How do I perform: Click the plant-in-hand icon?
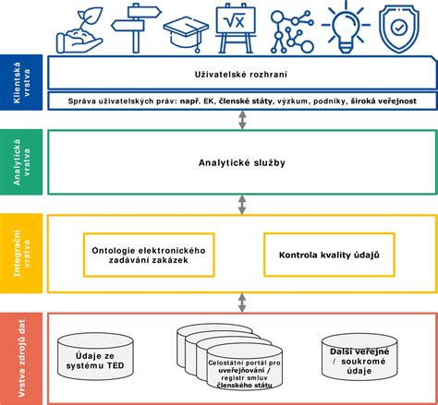79,31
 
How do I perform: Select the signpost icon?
136,29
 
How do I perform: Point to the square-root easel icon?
236,29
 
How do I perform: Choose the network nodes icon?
292,31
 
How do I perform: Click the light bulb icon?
346,27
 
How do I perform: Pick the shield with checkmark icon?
399,30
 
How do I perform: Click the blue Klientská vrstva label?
21,82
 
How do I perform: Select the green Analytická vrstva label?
21,162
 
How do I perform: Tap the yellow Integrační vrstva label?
21,253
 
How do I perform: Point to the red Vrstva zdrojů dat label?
21,359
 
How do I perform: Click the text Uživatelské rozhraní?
241,75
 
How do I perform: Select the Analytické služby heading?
242,162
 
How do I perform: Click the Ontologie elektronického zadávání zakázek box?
149,255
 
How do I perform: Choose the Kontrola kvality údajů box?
329,255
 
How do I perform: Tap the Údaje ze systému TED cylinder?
95,356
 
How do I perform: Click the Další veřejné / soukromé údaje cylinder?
359,357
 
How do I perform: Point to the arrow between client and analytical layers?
242,120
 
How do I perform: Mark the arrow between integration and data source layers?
242,303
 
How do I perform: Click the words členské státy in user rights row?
246,101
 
